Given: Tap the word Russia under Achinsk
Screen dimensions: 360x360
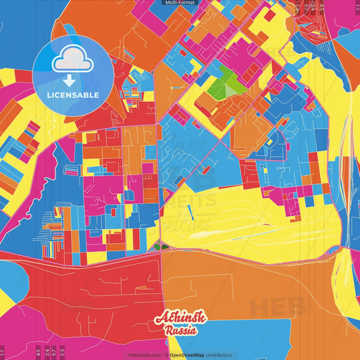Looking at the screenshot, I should click(x=180, y=331).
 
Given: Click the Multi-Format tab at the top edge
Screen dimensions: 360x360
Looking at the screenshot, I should click(x=180, y=3).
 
